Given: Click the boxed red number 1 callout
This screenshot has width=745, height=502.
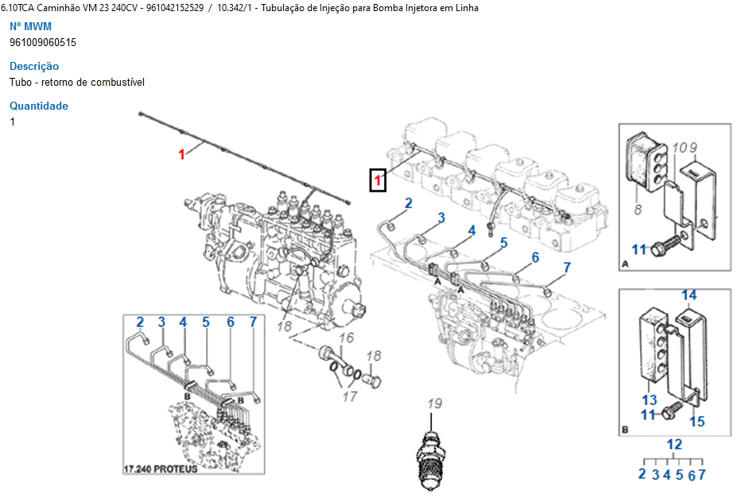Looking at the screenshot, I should pyautogui.click(x=378, y=181).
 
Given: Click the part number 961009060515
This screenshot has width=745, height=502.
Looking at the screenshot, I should pyautogui.click(x=43, y=42).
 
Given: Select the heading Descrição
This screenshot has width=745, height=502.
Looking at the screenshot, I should pyautogui.click(x=34, y=67).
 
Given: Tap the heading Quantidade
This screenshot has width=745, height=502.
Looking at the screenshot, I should pyautogui.click(x=39, y=106).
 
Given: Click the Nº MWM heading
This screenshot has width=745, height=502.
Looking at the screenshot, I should pyautogui.click(x=30, y=27).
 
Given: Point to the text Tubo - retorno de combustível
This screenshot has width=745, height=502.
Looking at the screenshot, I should pyautogui.click(x=77, y=82).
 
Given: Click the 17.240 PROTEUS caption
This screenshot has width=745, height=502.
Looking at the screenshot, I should pyautogui.click(x=161, y=469).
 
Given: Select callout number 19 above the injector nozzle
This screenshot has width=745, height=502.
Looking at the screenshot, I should pyautogui.click(x=434, y=403).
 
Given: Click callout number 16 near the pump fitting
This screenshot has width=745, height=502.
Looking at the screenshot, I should pyautogui.click(x=346, y=339).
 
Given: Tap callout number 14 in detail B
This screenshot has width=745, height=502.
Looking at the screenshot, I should pyautogui.click(x=689, y=295).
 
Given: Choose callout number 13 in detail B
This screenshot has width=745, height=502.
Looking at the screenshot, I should pyautogui.click(x=650, y=400).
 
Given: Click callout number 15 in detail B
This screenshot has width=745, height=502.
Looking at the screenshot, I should pyautogui.click(x=696, y=422).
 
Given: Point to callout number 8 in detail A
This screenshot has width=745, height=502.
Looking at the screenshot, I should pyautogui.click(x=638, y=210).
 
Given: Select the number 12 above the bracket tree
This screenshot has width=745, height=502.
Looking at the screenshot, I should pyautogui.click(x=674, y=445).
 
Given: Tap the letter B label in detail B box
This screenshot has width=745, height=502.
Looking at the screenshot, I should pyautogui.click(x=625, y=430).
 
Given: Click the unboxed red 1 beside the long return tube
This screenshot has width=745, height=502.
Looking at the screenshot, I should pyautogui.click(x=181, y=154).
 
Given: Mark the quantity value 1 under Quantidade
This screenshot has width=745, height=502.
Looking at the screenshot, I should pyautogui.click(x=13, y=122).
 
